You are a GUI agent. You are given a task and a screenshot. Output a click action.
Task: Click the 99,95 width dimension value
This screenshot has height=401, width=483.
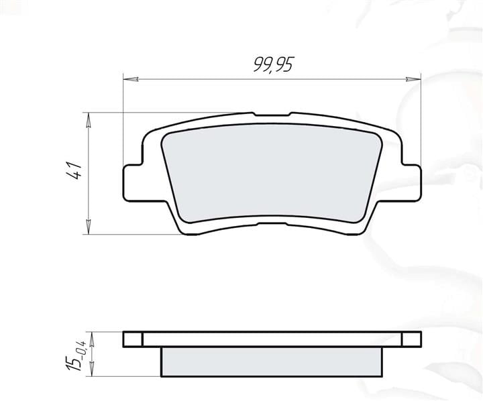[x=273, y=64]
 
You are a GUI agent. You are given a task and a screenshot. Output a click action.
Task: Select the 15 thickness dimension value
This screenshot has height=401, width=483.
[x=73, y=363]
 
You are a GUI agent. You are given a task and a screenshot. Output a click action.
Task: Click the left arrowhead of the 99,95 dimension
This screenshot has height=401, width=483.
[x=131, y=79]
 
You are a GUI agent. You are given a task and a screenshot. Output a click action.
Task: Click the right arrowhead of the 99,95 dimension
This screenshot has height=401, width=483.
[x=413, y=79]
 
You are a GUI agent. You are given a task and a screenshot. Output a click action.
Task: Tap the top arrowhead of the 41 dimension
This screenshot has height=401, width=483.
[x=89, y=120]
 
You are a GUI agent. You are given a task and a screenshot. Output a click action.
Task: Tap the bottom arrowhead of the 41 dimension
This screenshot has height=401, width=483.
[x=89, y=227]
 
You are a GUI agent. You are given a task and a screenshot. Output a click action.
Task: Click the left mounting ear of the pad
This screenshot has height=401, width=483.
[x=133, y=183]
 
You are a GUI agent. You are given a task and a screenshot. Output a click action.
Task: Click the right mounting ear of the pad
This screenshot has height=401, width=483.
[x=411, y=183]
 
